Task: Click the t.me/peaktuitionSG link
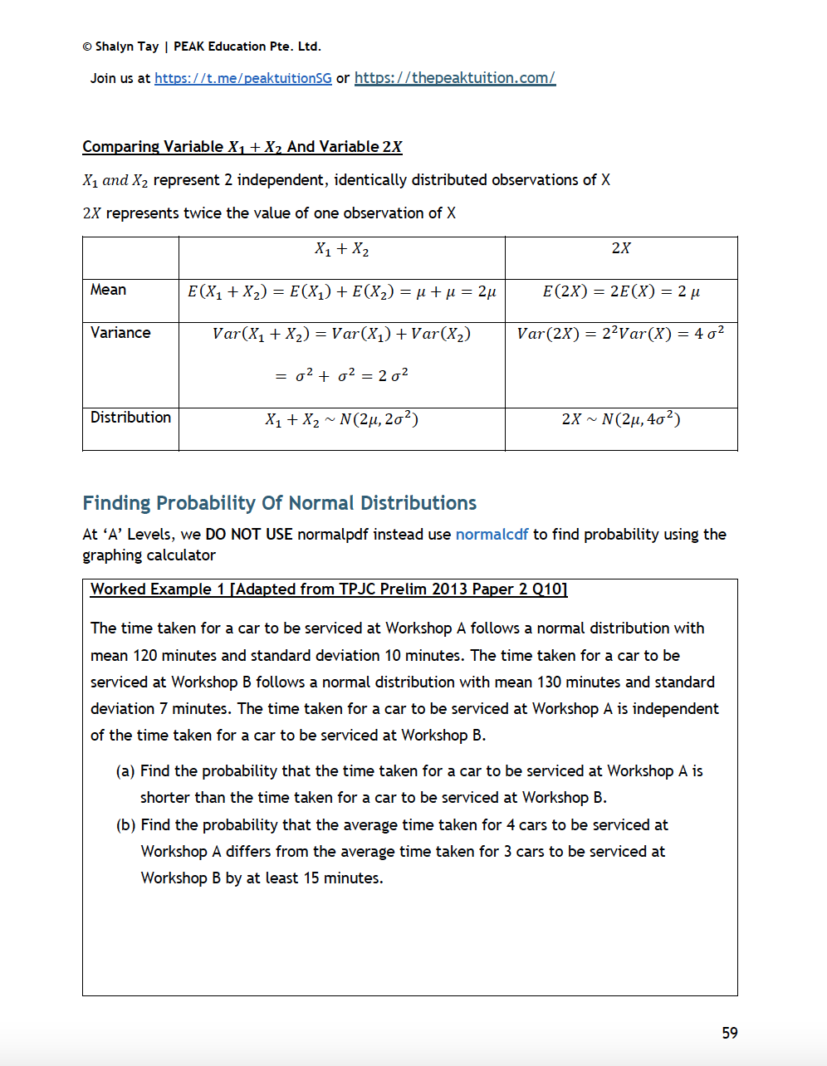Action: pos(242,78)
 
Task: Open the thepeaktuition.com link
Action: pos(454,77)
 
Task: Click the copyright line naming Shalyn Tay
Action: pos(202,46)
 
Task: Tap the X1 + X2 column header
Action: pos(341,248)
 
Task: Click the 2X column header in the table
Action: pos(620,248)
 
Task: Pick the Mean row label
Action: pos(109,290)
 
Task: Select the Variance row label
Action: pos(120,333)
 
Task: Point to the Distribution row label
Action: pos(130,418)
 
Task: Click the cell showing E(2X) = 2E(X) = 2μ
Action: pos(620,291)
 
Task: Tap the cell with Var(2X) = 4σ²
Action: pos(620,334)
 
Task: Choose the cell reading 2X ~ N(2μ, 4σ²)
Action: pos(620,419)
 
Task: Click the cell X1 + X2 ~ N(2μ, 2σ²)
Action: pos(341,420)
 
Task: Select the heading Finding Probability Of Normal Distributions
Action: pos(279,503)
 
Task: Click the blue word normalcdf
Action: pos(492,535)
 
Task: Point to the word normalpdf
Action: pos(333,535)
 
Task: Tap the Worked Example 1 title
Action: pos(329,589)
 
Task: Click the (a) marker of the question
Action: pos(125,771)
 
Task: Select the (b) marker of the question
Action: pos(126,825)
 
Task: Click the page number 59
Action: pos(729,1033)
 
